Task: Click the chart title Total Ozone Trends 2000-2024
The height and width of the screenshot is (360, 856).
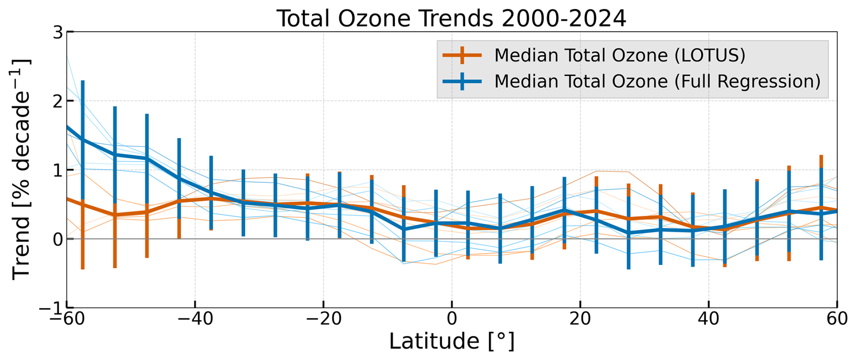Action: [x=451, y=19]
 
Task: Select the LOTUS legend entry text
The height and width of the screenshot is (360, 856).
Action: [x=619, y=55]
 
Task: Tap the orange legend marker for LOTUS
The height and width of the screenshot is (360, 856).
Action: [x=462, y=55]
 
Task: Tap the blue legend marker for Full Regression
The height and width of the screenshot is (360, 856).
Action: [x=462, y=81]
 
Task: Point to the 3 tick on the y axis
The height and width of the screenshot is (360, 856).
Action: [x=57, y=33]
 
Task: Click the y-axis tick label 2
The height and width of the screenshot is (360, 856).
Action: [x=57, y=101]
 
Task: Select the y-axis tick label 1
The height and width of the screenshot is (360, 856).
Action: [x=57, y=171]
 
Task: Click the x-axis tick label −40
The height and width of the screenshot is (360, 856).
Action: [x=195, y=319]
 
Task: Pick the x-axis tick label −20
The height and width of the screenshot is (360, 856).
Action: [x=323, y=319]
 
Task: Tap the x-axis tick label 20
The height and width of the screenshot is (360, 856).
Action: [x=580, y=319]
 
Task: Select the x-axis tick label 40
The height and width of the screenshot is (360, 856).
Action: [x=709, y=319]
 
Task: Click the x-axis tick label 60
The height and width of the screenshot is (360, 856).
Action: [x=837, y=319]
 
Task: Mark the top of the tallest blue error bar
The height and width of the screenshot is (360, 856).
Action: [x=83, y=81]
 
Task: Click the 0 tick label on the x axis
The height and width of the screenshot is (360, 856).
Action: [x=452, y=319]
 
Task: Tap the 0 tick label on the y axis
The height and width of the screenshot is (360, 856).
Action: [x=57, y=239]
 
